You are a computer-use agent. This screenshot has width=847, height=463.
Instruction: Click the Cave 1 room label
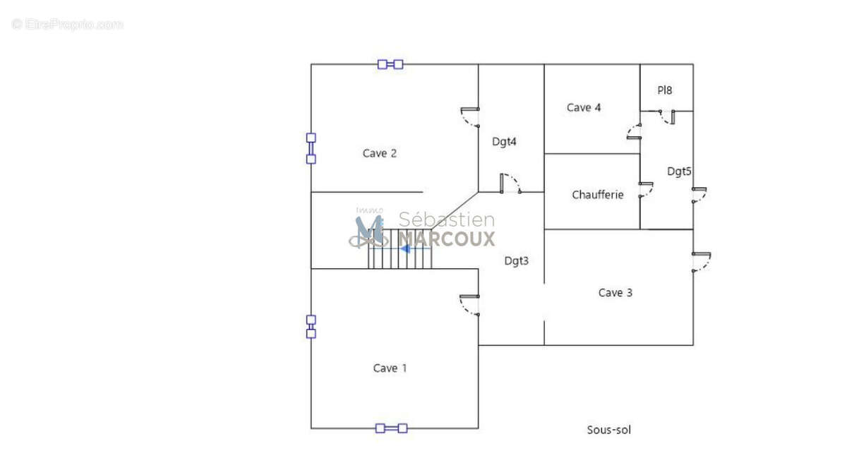[x=390, y=368]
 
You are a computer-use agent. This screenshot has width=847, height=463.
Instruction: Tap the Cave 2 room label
[x=380, y=153]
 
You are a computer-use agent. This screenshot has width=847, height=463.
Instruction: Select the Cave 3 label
[x=615, y=292]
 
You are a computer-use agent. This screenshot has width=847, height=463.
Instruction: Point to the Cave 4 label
[x=584, y=108]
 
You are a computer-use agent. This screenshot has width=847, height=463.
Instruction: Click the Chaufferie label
[x=597, y=195]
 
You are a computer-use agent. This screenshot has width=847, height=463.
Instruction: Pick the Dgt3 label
[x=517, y=261]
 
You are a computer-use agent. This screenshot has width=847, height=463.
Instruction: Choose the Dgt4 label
[x=504, y=142]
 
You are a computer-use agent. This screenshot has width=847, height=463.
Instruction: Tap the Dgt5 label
[x=679, y=172]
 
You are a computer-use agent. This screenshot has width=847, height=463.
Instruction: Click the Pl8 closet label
[x=664, y=90]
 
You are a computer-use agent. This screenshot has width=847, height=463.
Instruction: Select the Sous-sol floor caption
[x=608, y=430]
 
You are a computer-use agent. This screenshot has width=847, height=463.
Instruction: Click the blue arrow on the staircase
[x=405, y=248]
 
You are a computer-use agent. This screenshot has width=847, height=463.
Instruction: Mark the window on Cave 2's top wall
[x=390, y=65]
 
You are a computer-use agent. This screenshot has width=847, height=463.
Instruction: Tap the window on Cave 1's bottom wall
[x=391, y=428]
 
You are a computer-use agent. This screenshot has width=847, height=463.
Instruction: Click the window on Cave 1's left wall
[x=311, y=327]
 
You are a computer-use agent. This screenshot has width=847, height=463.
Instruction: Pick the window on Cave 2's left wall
[x=311, y=148]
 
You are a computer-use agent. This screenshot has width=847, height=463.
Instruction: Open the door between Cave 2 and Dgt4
[x=470, y=117]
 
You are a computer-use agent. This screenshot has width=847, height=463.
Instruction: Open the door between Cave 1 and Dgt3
[x=469, y=305]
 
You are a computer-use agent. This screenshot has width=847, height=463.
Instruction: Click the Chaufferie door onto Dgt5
[x=647, y=190]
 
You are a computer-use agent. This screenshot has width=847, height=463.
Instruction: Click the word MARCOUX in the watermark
[x=447, y=239]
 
